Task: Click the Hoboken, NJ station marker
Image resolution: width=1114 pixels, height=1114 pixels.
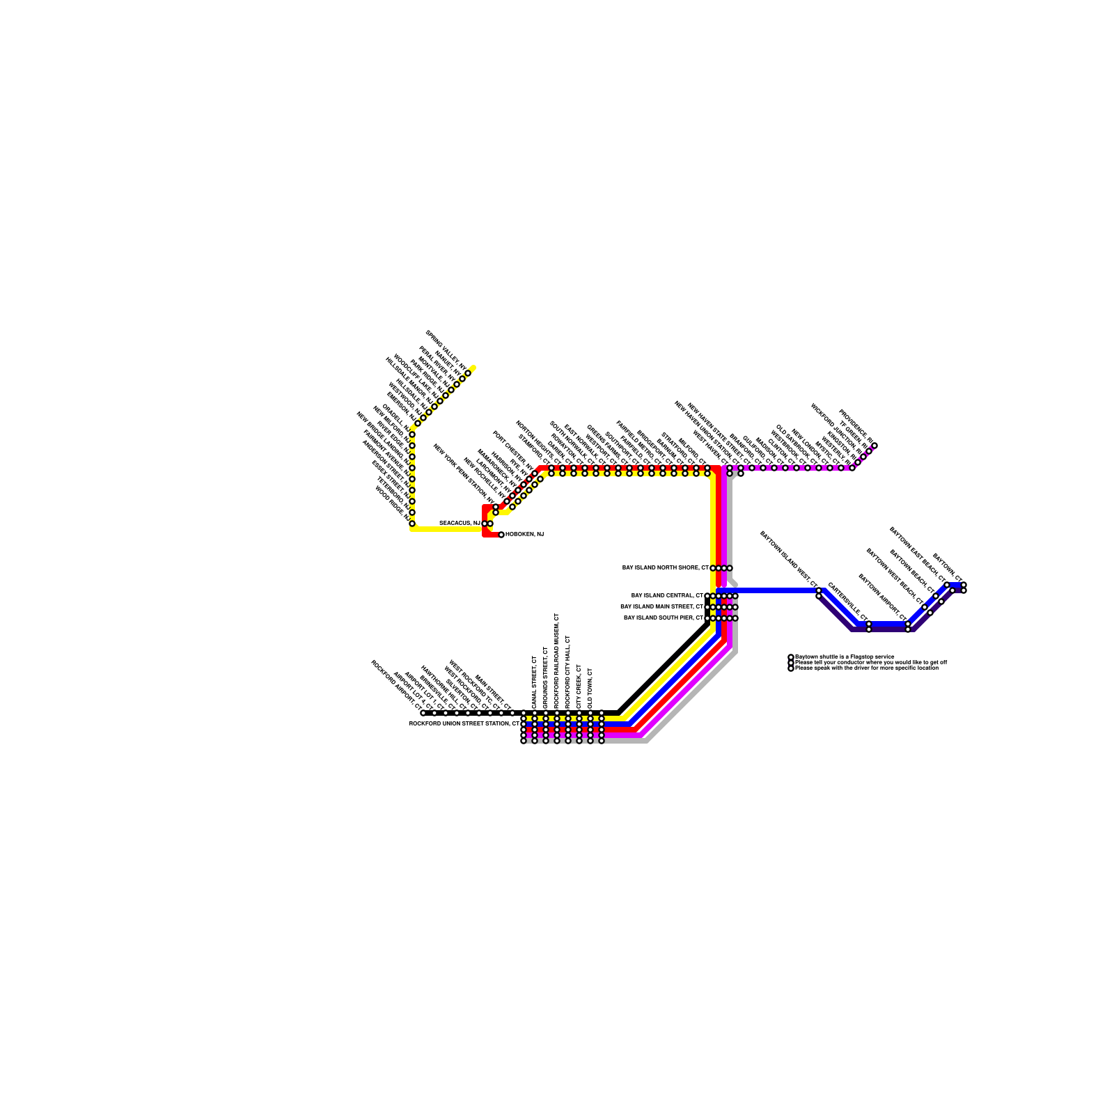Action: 501,535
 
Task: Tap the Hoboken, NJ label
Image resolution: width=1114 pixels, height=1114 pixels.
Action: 524,534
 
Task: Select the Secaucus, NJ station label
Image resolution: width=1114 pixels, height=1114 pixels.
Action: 460,523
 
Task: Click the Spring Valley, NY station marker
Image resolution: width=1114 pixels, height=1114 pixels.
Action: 468,373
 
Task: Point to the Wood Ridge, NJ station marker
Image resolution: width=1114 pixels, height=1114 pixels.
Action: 412,524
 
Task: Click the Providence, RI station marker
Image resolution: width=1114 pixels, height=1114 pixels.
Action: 874,446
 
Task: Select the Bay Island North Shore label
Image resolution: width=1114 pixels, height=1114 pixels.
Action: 665,567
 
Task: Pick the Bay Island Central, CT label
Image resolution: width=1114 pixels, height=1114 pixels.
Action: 667,595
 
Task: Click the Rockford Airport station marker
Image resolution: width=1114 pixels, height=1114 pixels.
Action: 423,713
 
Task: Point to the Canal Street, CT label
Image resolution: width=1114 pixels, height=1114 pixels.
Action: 534,682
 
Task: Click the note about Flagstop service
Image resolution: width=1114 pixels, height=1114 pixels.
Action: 845,657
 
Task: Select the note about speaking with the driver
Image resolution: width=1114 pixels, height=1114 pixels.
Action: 866,668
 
